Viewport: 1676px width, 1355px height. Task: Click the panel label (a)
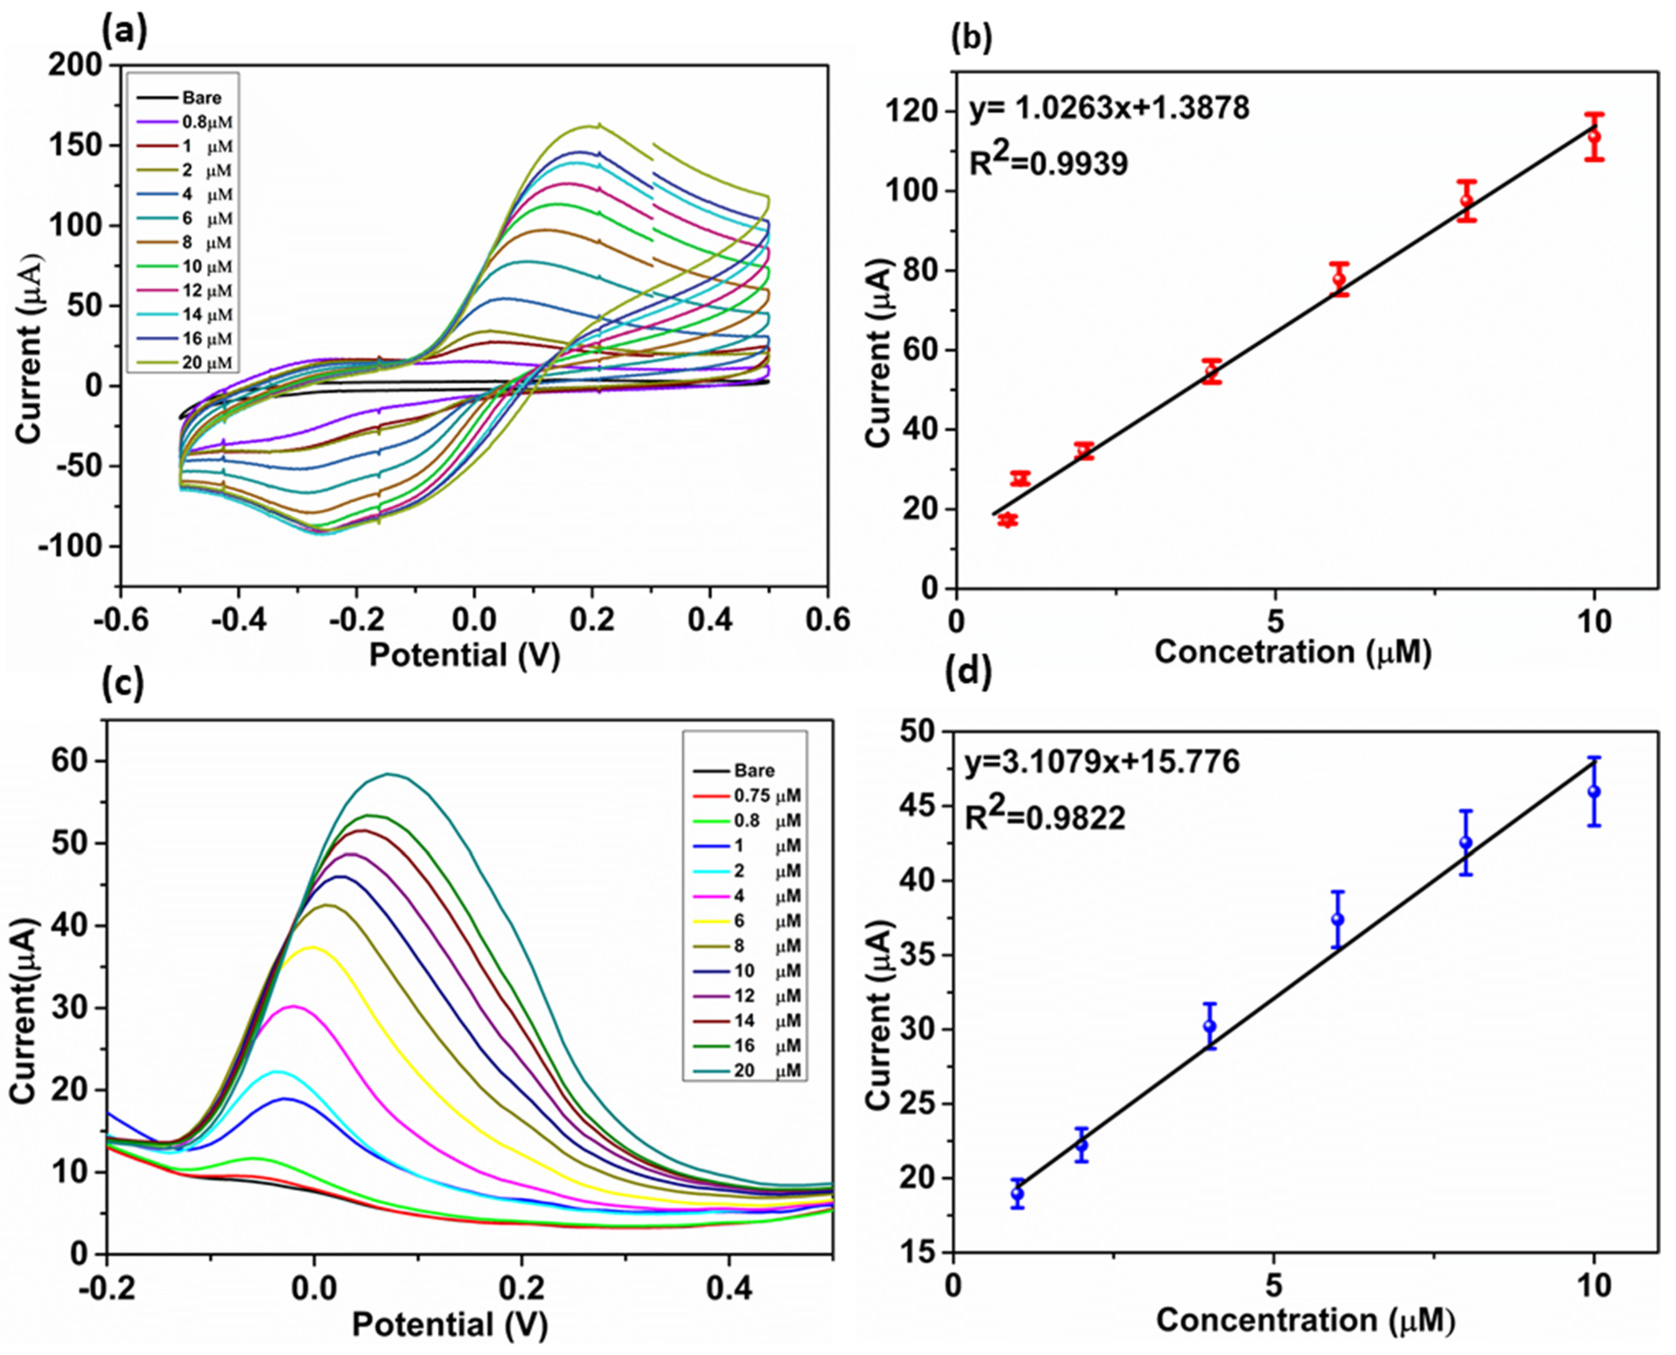tap(124, 32)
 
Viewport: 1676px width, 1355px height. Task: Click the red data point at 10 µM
tap(1594, 137)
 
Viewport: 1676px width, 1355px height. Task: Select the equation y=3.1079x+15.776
tap(1102, 762)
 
